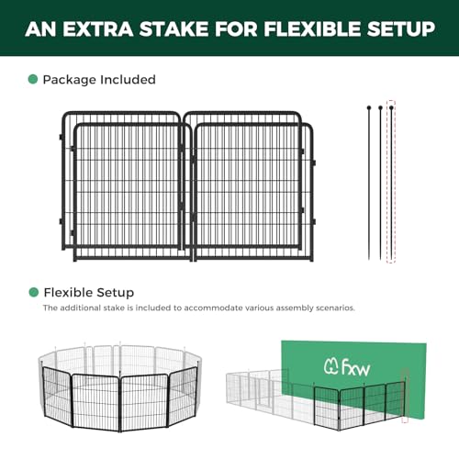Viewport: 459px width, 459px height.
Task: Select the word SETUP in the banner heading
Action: tap(401, 29)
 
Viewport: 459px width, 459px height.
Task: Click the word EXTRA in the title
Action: tap(98, 29)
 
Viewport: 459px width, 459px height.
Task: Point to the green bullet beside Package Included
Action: tap(33, 79)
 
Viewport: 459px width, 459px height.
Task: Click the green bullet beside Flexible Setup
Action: tap(33, 292)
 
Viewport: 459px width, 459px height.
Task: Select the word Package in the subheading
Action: tap(70, 80)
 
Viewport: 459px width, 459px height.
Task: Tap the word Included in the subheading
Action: tap(128, 80)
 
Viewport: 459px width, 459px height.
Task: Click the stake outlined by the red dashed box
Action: tap(391, 183)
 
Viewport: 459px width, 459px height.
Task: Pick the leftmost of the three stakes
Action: tap(369, 183)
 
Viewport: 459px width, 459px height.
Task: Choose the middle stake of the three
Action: tap(380, 183)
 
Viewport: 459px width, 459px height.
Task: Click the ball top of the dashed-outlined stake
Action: tap(391, 107)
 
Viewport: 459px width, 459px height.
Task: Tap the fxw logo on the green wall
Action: tap(347, 367)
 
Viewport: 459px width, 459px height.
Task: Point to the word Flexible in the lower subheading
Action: tap(63, 292)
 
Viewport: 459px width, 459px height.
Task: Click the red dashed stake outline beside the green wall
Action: tap(405, 397)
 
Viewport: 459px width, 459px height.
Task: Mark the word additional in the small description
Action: tap(81, 308)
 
